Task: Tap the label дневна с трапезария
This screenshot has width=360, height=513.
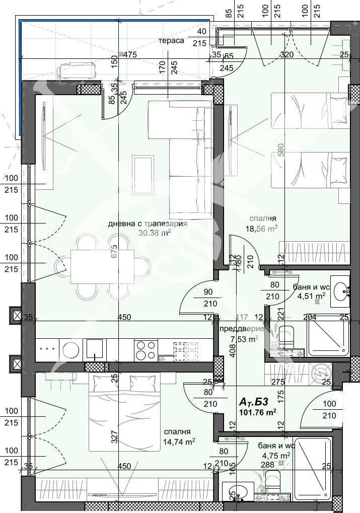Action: tap(148, 224)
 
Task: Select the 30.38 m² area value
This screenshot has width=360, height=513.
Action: tap(155, 233)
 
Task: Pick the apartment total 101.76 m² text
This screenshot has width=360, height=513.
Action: tap(257, 412)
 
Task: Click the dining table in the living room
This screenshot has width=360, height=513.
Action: tap(102, 267)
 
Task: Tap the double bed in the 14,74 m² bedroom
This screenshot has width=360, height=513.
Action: tap(121, 413)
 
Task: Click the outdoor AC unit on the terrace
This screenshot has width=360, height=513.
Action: tap(77, 70)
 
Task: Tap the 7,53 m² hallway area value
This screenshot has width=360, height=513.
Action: tap(244, 339)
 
